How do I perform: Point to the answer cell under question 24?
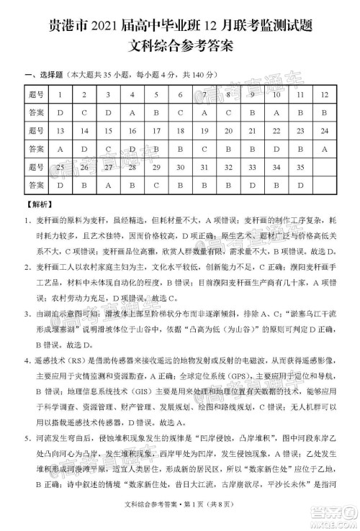coord(325,149)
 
